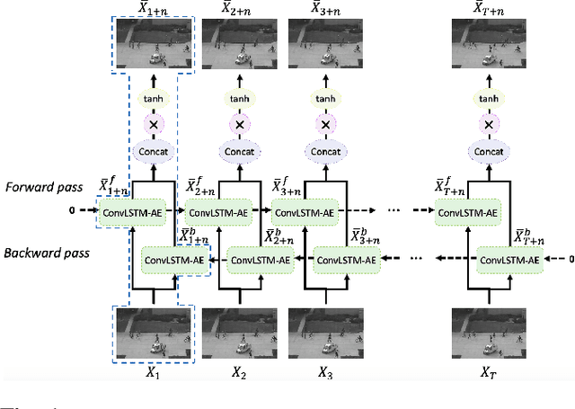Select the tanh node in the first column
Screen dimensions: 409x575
click(x=152, y=99)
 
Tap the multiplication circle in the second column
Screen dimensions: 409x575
click(x=239, y=125)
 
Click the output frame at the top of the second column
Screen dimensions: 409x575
click(x=239, y=45)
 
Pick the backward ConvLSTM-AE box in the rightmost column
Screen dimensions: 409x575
click(x=509, y=260)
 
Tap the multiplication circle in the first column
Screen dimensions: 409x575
click(x=152, y=125)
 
